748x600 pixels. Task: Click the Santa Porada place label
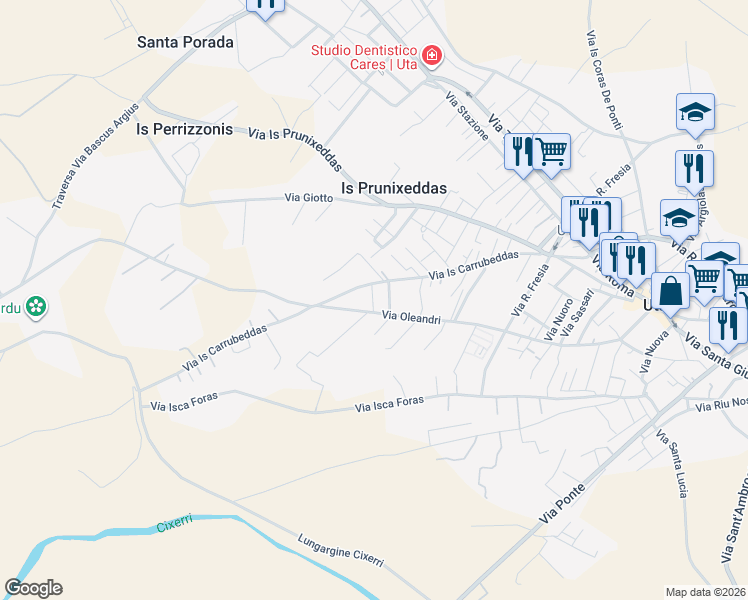[x=185, y=43]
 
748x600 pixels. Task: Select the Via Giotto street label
[x=309, y=198]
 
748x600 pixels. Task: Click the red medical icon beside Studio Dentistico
[x=432, y=55]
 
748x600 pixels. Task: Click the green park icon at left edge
[x=36, y=306]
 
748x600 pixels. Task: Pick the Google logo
[x=33, y=588]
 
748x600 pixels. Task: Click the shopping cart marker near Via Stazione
[x=551, y=151]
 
